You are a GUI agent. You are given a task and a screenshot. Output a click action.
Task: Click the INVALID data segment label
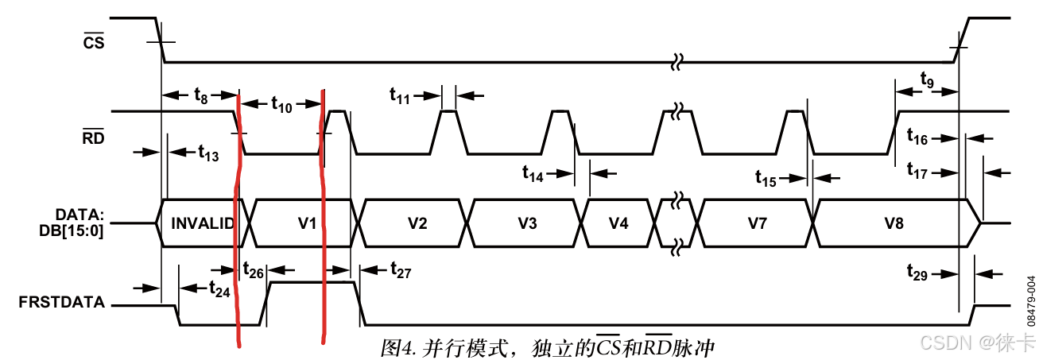click(203, 223)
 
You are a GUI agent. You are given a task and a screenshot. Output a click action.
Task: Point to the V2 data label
click(417, 223)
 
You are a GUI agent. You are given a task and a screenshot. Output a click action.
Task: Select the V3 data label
click(526, 223)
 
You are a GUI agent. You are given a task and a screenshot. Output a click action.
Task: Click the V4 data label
click(618, 223)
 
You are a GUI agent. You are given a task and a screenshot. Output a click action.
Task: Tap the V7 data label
click(757, 223)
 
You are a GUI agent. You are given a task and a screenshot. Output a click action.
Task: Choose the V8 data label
click(894, 223)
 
